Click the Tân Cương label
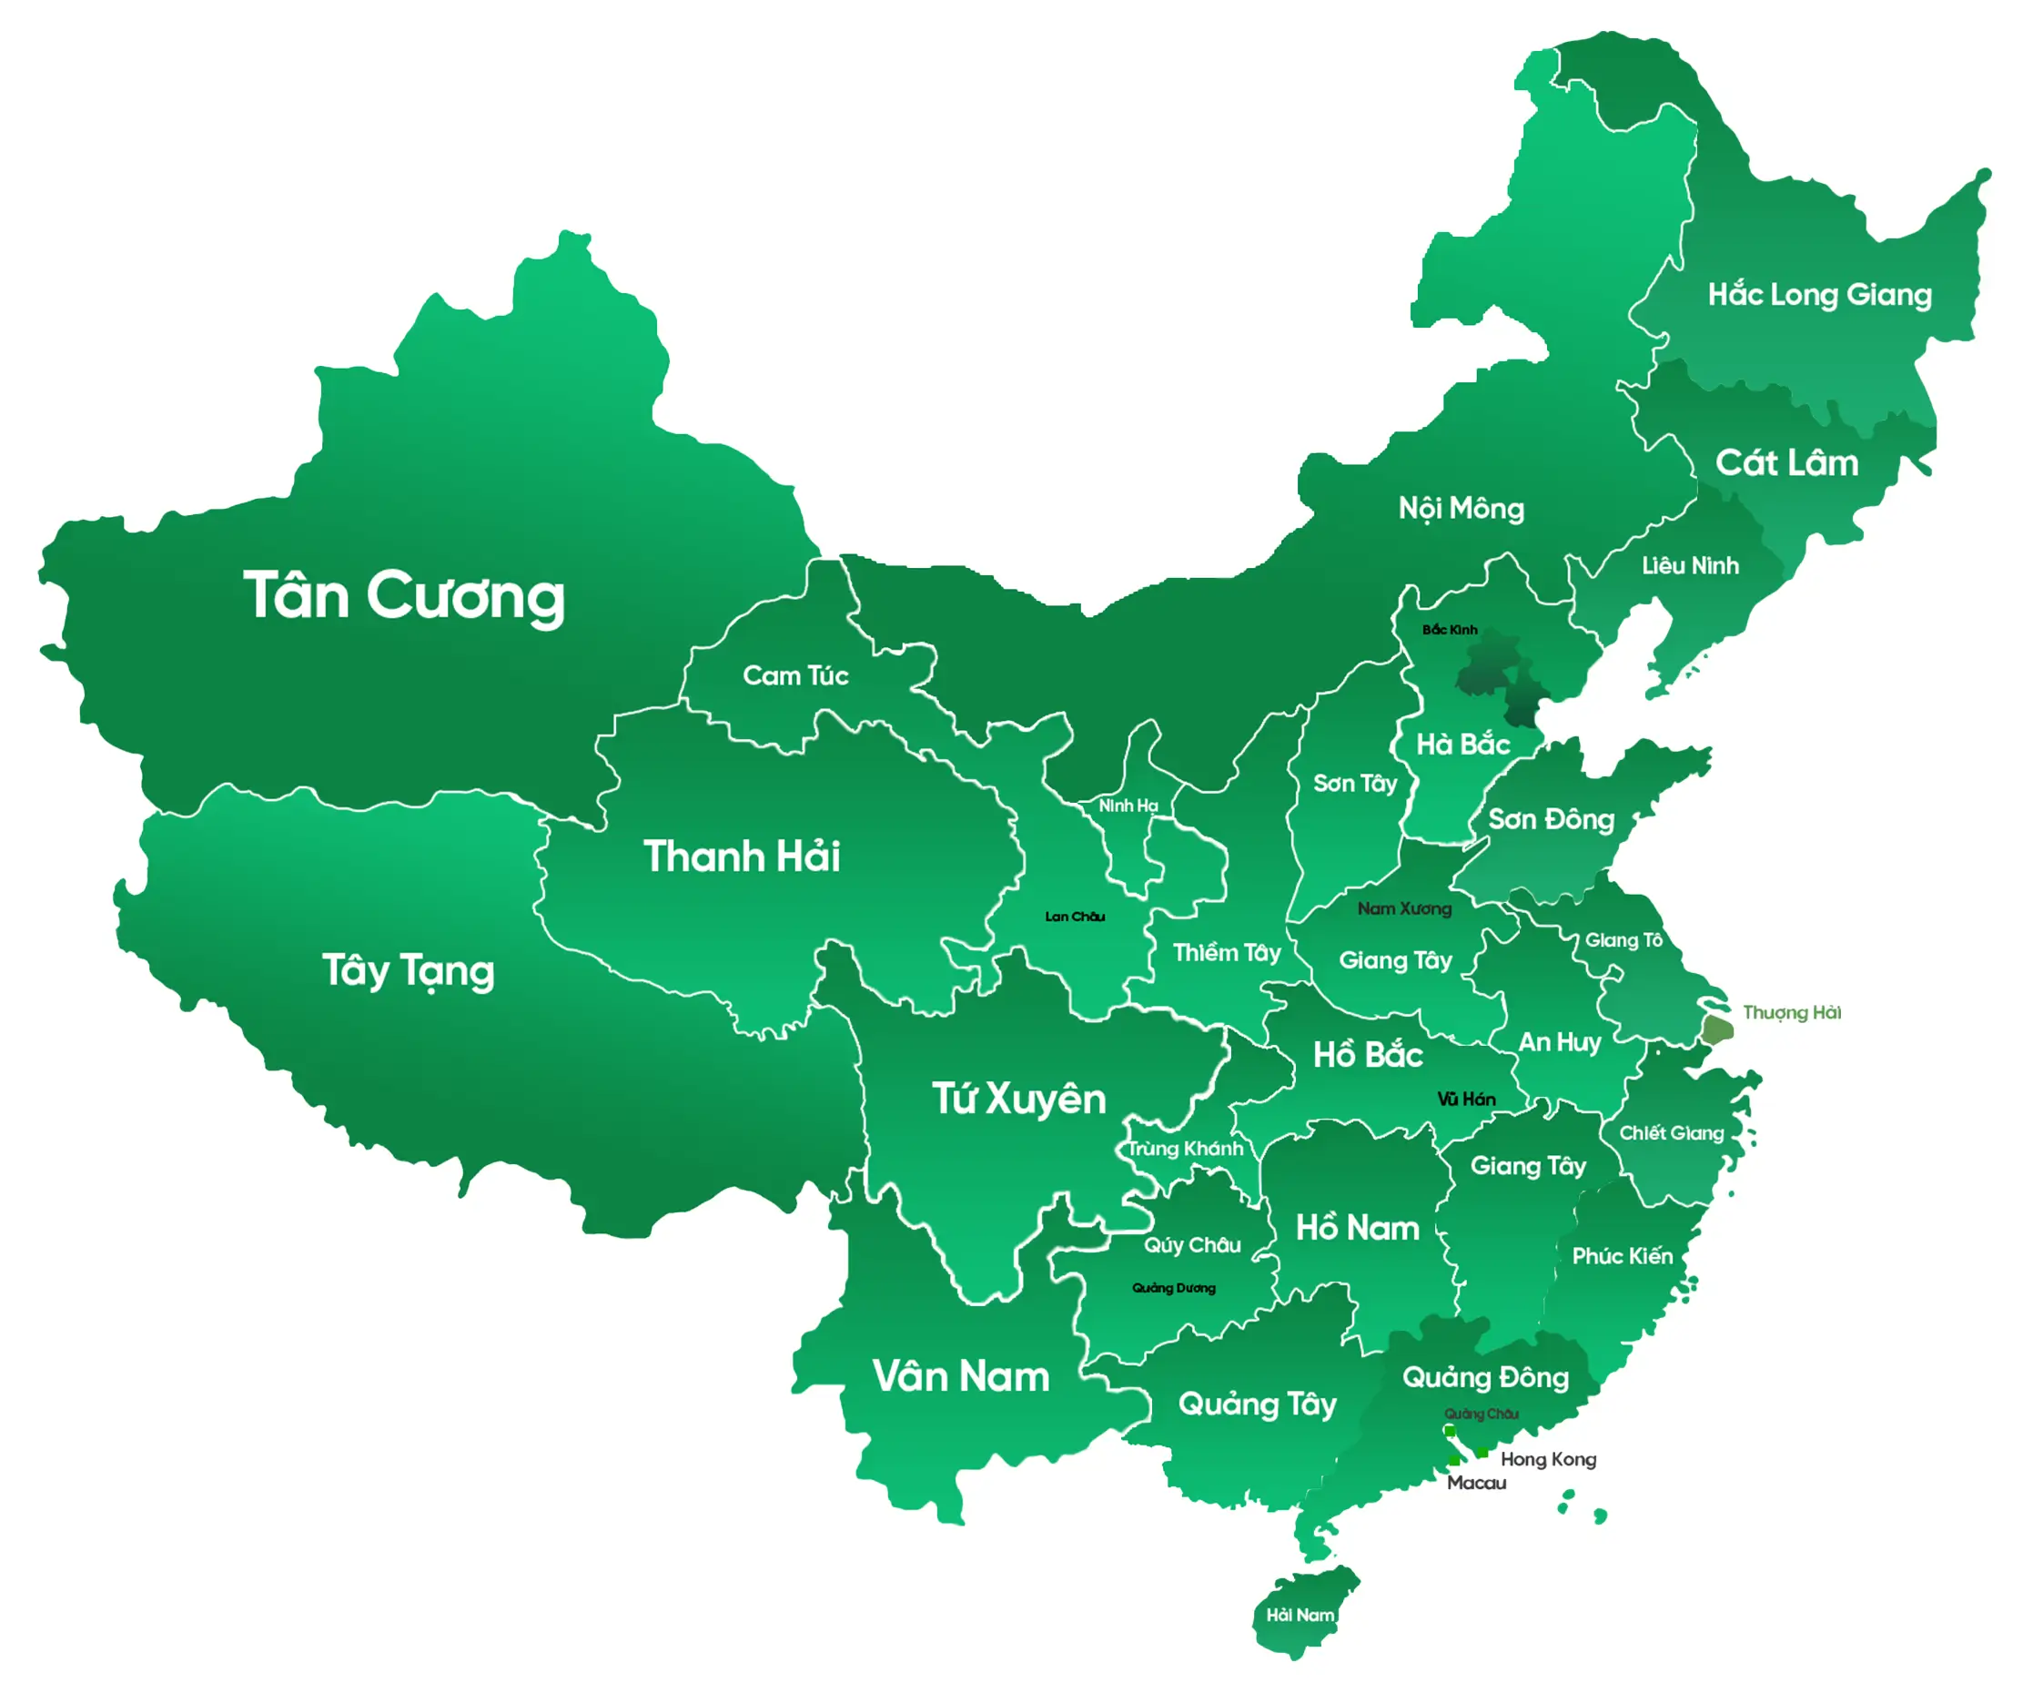coord(404,596)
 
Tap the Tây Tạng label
coord(408,971)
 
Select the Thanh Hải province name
coord(741,857)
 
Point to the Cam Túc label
coord(794,675)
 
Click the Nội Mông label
coord(1461,509)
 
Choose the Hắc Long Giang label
coord(1819,295)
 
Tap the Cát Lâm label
coord(1786,463)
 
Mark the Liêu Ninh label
coord(1690,565)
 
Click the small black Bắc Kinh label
coord(1449,630)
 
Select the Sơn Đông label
coord(1550,820)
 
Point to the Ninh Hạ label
coord(1128,806)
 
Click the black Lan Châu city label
coord(1074,917)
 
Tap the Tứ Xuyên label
coord(1018,1100)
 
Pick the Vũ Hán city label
coord(1465,1100)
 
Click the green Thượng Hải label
coord(1791,1012)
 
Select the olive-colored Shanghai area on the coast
coord(1716,1029)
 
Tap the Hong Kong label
coord(1547,1459)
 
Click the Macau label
coord(1476,1484)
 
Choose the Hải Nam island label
coord(1300,1616)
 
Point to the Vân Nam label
coord(960,1376)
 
